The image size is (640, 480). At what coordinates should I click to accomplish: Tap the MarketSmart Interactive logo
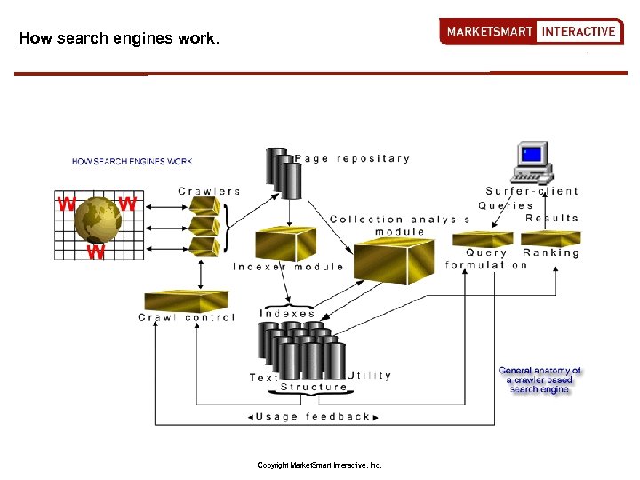click(x=531, y=31)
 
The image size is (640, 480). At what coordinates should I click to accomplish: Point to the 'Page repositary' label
click(x=352, y=159)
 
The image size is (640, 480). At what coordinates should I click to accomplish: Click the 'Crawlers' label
click(x=209, y=191)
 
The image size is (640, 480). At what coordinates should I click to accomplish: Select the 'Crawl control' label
click(x=187, y=317)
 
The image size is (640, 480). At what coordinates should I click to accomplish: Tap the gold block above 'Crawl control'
click(x=186, y=300)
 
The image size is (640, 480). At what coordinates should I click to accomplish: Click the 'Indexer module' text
click(x=287, y=267)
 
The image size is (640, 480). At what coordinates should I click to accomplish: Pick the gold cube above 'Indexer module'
click(x=285, y=244)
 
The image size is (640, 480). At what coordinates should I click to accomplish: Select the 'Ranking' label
click(x=551, y=253)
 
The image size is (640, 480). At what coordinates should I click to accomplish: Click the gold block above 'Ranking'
click(x=550, y=237)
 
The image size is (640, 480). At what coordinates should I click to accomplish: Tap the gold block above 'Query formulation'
click(x=483, y=238)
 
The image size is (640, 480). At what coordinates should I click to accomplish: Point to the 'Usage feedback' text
click(x=312, y=416)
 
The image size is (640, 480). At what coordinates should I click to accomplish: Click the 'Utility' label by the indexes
click(x=370, y=375)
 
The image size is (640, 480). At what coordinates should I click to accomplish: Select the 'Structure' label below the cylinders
click(x=313, y=387)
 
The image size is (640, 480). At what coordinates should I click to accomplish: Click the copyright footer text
click(x=319, y=465)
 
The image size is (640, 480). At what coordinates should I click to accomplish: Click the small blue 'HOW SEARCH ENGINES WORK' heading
click(x=132, y=162)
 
